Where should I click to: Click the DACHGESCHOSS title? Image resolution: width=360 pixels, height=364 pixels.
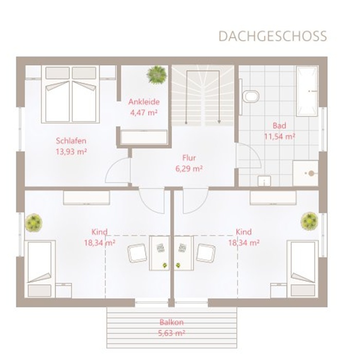coord(273,36)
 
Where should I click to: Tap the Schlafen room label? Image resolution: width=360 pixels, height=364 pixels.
coord(71,141)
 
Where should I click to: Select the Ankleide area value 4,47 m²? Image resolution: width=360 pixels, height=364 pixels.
coord(144,113)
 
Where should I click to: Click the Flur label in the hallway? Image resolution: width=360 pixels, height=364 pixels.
coord(189,158)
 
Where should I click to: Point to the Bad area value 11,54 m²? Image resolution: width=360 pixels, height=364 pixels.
coord(279,136)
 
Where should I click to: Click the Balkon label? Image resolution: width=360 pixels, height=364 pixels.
coord(172,322)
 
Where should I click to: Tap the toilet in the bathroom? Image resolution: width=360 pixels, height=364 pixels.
coord(250,96)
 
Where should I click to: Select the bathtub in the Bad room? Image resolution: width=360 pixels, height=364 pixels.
coord(307,91)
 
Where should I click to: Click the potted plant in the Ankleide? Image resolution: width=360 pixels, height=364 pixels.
coord(156,75)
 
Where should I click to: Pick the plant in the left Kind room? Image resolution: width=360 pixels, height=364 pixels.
coord(34,222)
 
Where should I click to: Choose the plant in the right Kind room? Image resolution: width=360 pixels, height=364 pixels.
coord(309,221)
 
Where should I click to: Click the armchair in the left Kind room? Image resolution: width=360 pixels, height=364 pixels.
coord(137,253)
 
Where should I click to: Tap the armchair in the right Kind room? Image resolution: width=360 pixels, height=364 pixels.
coord(206,253)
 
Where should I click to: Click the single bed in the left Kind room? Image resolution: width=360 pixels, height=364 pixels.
coord(40,269)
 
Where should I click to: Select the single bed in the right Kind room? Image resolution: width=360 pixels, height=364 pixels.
coord(303,269)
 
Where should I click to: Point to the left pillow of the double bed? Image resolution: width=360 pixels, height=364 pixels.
coord(57,73)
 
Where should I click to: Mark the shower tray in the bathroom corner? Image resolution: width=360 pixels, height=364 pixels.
coord(305,173)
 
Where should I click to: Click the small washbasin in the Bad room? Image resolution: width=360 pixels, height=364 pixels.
coord(264,181)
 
